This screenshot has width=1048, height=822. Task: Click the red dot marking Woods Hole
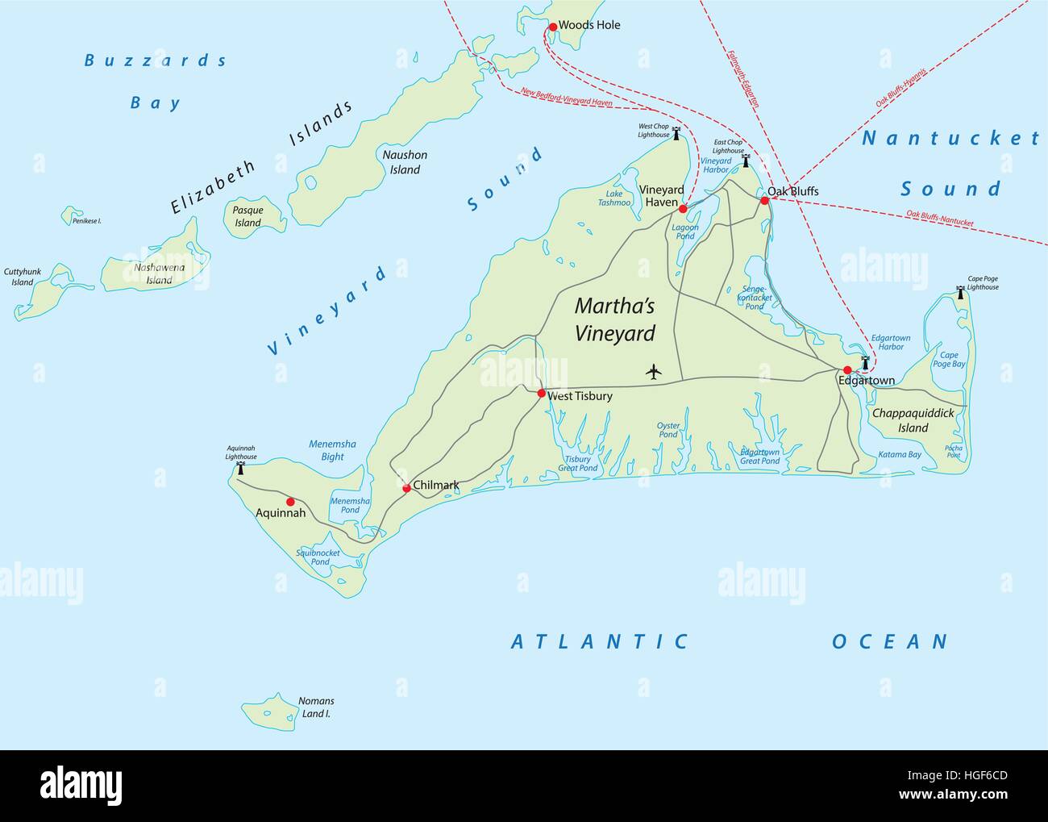[x=553, y=27]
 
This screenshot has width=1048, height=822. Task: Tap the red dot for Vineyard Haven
[x=683, y=209]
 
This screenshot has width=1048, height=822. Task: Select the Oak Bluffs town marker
[x=765, y=199]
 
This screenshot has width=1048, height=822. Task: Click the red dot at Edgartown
[x=847, y=370]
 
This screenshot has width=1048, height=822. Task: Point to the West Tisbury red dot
[x=542, y=394]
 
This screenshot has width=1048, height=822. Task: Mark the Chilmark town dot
[x=406, y=488]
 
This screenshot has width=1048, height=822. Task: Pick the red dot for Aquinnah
[x=290, y=502]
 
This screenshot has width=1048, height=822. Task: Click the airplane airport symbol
[x=653, y=372]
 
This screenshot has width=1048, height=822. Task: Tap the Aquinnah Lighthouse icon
[x=239, y=468]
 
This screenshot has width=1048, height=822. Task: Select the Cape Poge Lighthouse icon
[x=960, y=292]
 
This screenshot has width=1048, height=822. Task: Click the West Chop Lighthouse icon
[x=676, y=134]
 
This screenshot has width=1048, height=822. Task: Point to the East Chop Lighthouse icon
[x=746, y=161]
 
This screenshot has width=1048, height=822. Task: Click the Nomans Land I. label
[x=316, y=707]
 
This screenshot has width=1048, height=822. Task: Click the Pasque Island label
[x=248, y=216]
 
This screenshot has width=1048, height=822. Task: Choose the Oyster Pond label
[x=668, y=430]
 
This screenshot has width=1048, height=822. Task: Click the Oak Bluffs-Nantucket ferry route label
[x=940, y=219]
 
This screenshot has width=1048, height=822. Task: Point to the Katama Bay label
[x=899, y=454]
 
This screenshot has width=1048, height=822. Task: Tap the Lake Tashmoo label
[x=614, y=198]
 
